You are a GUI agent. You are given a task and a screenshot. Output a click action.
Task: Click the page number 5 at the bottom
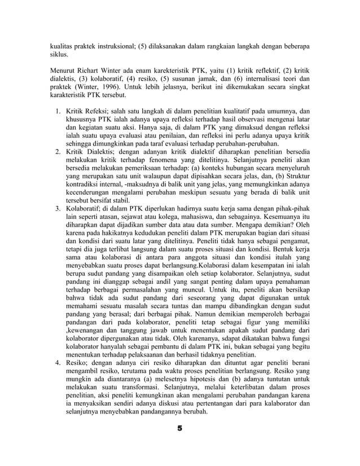click(x=179, y=429)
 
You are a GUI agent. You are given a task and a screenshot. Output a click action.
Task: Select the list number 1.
click(x=58, y=111)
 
